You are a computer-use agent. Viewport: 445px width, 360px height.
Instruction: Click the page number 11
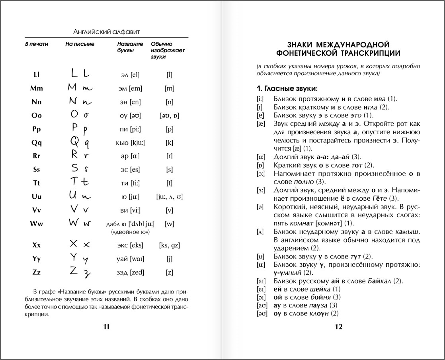click(x=106, y=327)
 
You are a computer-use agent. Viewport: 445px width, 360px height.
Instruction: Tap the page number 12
click(x=338, y=327)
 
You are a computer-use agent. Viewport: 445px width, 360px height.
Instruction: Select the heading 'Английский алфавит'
click(x=106, y=31)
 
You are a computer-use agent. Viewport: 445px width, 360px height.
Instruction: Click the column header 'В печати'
click(x=37, y=44)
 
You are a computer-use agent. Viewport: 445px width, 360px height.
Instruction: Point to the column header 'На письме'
click(x=80, y=44)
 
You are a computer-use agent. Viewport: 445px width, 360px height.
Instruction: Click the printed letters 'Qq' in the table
click(x=37, y=143)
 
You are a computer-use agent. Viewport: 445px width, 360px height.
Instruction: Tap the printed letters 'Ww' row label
click(x=37, y=224)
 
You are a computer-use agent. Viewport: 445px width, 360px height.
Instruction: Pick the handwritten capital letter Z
click(x=74, y=271)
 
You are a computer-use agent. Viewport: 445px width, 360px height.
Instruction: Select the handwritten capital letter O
click(x=74, y=114)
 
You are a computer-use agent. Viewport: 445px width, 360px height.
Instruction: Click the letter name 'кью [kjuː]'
click(x=130, y=143)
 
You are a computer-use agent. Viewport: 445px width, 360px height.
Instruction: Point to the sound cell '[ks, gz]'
click(x=169, y=245)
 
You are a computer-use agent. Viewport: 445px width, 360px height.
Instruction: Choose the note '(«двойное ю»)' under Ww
click(x=130, y=232)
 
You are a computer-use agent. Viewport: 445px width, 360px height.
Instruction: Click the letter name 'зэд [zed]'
click(x=130, y=272)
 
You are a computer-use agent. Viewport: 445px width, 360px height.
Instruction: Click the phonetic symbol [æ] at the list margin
click(x=261, y=124)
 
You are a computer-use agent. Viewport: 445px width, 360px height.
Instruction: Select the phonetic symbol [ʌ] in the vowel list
click(x=261, y=232)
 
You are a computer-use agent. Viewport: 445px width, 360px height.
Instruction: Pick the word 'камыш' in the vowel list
click(x=408, y=232)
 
